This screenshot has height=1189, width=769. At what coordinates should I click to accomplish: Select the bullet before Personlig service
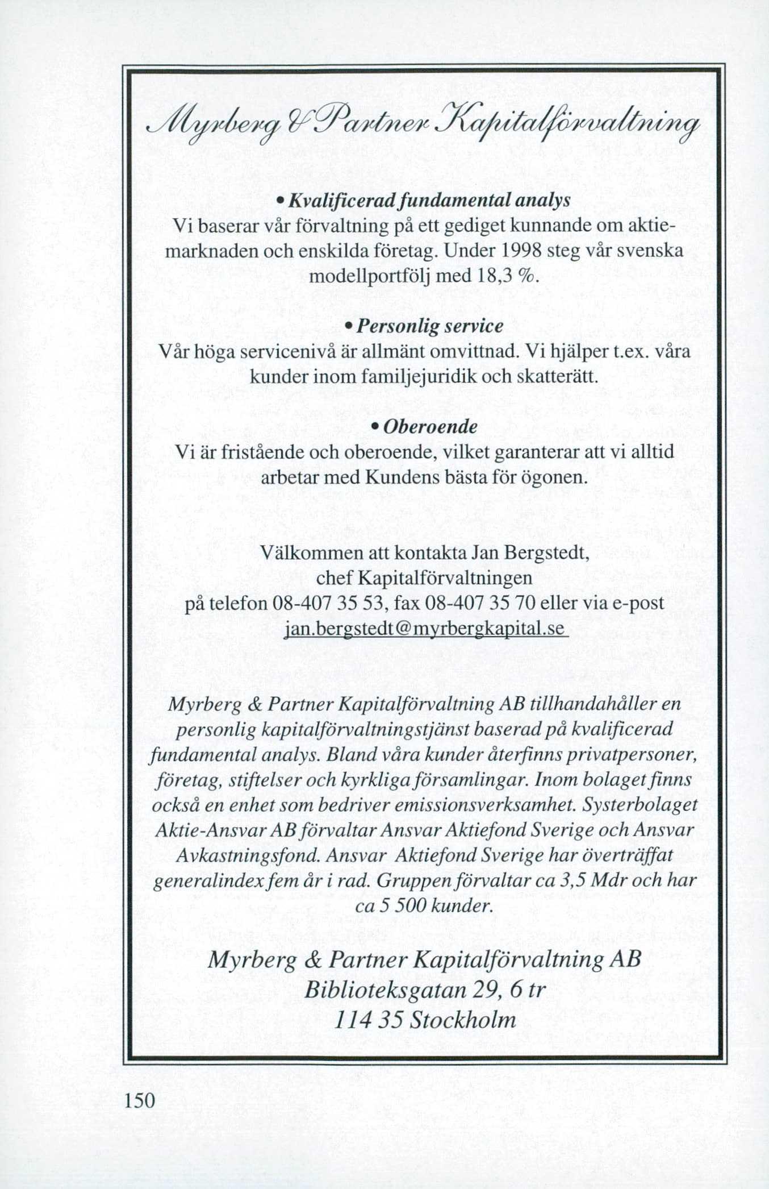point(348,327)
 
